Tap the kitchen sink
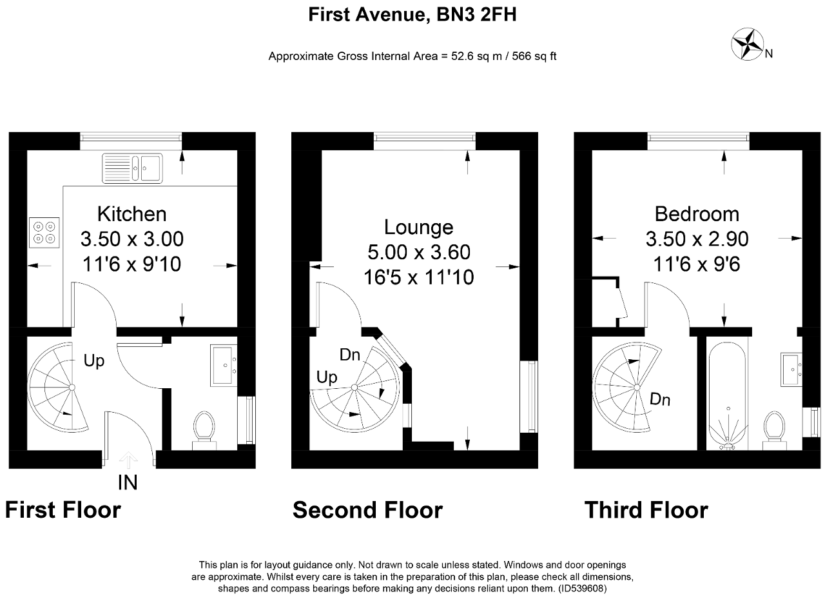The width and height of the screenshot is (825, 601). tap(132, 168)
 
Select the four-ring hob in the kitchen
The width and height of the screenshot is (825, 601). tap(44, 233)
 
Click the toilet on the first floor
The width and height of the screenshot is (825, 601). tap(204, 430)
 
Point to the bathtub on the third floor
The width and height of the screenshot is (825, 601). tap(728, 396)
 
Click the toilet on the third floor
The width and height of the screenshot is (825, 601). tap(774, 430)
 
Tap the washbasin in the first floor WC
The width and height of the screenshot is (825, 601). tap(224, 366)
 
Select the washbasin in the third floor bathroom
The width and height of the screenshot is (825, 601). tap(791, 369)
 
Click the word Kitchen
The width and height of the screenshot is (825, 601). tap(132, 214)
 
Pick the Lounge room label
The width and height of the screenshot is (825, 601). tap(419, 227)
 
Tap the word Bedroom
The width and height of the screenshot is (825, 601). tap(697, 214)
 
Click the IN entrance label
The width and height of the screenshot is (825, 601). tap(128, 482)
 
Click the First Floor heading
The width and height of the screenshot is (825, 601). tap(63, 510)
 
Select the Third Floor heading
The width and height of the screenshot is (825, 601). tap(646, 510)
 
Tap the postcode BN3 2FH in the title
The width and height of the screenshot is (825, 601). tap(476, 15)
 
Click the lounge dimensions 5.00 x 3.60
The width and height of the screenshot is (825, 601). tap(419, 252)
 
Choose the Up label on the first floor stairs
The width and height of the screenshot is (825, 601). tap(94, 360)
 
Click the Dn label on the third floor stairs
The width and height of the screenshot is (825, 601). tap(660, 399)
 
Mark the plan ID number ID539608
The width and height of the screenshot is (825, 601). tap(582, 589)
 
